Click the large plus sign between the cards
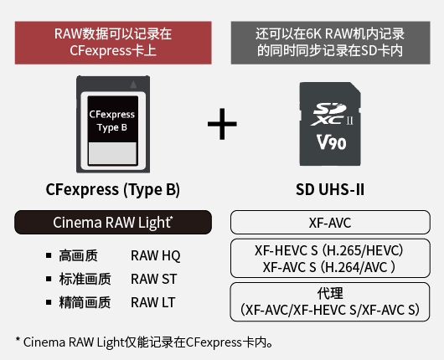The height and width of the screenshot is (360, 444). point(222,124)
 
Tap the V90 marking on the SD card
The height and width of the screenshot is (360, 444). point(331,142)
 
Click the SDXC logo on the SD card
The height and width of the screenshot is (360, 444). point(332,114)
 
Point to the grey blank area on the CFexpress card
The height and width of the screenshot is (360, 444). point(113,153)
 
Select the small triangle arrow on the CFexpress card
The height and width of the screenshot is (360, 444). point(133,85)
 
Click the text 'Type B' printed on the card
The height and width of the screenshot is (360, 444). point(112,127)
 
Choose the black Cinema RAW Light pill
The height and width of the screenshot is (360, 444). point(113,222)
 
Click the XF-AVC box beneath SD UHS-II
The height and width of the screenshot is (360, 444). point(330,222)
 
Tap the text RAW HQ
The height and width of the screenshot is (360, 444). point(156,256)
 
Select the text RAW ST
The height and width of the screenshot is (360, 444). point(154,279)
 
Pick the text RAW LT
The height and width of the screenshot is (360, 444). point(153,302)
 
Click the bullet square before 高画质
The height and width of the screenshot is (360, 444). point(49,255)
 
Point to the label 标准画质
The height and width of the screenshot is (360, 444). point(85,279)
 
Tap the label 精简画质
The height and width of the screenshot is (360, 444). point(85,302)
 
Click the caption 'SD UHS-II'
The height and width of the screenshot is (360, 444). point(330,189)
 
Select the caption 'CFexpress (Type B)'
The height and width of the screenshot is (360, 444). point(113,190)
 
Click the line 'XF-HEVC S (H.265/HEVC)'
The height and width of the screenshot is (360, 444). point(328,250)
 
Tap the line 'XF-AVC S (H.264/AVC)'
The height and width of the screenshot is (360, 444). point(328,267)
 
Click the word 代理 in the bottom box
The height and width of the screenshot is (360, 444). point(330,293)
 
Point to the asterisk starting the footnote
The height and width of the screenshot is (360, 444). point(18,339)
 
